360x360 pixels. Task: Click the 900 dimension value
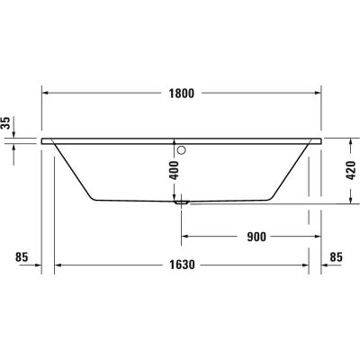click(256, 238)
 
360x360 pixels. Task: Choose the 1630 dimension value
click(183, 266)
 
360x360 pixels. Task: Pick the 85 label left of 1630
click(23, 258)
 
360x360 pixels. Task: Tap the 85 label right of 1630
click(337, 258)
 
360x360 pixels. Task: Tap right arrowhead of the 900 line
click(319, 238)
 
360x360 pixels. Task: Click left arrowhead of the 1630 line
click(59, 266)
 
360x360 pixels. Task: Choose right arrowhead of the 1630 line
click(304, 266)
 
